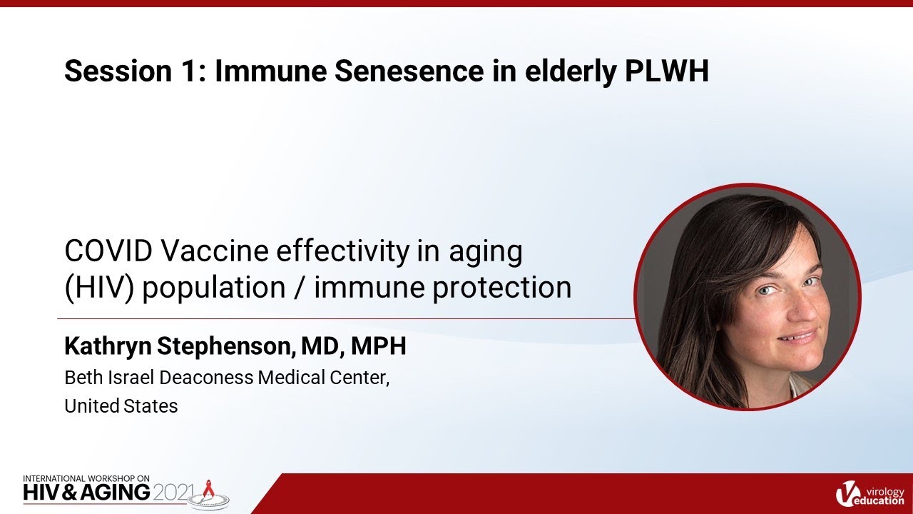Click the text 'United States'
(x=121, y=406)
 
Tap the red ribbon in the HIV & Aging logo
(x=209, y=488)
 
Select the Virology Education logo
(x=868, y=493)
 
